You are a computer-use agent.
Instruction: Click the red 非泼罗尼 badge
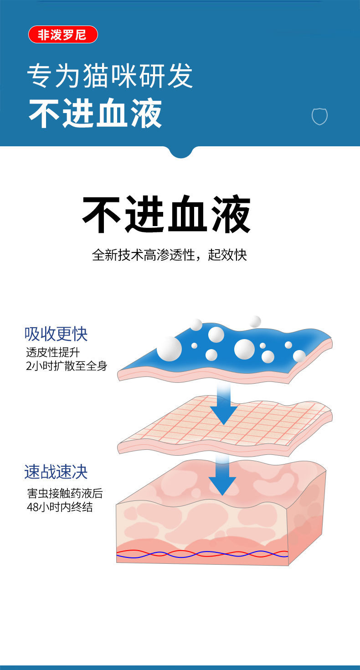[63, 35]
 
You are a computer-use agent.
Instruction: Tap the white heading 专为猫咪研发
[110, 75]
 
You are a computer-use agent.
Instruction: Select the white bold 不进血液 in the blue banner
[95, 114]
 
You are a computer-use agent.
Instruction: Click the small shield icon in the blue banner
[319, 116]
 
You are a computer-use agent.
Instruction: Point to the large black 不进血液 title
[166, 215]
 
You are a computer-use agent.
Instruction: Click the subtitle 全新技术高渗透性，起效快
[169, 255]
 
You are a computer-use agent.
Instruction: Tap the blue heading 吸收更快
[56, 334]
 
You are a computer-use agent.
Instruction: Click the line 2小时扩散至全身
[67, 366]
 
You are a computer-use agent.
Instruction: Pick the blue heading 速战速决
[56, 472]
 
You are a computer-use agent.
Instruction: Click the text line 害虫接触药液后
[64, 493]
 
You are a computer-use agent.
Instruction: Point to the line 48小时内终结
[60, 507]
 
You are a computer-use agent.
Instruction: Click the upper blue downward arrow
[223, 403]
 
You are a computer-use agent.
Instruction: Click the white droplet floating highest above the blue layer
[255, 321]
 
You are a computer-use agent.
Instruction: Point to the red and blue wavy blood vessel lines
[203, 554]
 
